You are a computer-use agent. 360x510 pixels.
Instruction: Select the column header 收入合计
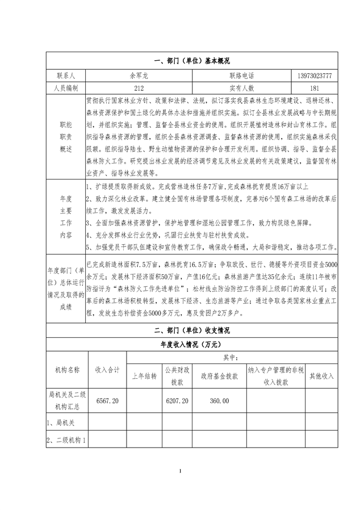pos(107,369)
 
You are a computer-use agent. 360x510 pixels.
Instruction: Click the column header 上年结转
pos(144,376)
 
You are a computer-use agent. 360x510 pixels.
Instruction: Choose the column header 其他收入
pos(321,376)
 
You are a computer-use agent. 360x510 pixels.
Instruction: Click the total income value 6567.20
pos(107,400)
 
